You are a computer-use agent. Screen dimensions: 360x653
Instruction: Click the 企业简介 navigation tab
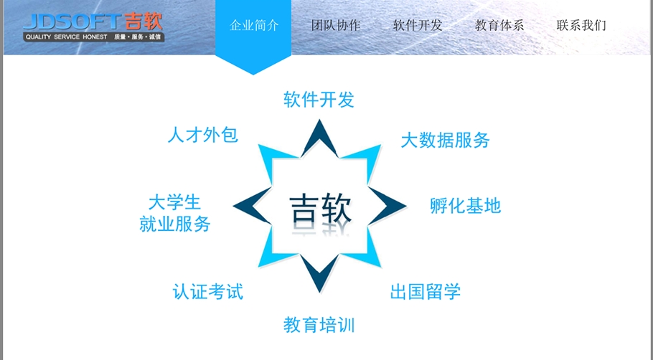coord(254,26)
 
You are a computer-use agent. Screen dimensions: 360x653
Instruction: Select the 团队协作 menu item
coord(336,26)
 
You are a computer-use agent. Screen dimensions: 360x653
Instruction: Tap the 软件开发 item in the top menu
coord(418,26)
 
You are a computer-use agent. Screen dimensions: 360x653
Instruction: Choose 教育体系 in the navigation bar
coord(499,26)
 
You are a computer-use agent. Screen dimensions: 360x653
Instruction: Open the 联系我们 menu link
coord(581,26)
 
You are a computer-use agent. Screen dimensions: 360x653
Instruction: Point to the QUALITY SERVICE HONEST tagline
coord(66,37)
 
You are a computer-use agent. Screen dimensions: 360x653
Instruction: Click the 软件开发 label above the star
coord(319,100)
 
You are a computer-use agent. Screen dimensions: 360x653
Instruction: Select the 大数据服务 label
coord(445,140)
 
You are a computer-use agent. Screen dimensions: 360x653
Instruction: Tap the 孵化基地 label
coord(465,207)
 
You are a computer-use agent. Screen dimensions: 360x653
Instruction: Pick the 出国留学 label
coord(426,292)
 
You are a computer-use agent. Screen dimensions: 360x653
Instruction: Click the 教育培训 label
coord(319,325)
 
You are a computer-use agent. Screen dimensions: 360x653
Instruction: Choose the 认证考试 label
coord(208,292)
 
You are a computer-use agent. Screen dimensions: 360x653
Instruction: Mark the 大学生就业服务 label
coord(175,213)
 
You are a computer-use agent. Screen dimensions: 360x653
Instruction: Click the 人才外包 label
coord(202,135)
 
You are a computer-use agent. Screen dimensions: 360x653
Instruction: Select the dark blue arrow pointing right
coord(391,207)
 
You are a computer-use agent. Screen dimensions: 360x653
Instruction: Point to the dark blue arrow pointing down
coord(319,275)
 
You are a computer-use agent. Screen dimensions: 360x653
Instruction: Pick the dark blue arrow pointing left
coord(248,207)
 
